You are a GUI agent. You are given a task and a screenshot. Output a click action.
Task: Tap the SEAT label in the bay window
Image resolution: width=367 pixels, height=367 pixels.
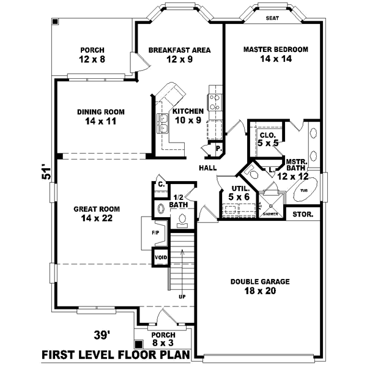(x=273, y=18)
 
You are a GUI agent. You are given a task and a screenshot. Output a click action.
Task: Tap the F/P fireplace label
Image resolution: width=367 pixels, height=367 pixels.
(x=155, y=233)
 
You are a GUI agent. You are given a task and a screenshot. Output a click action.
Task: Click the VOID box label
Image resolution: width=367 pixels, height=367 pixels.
(x=161, y=258)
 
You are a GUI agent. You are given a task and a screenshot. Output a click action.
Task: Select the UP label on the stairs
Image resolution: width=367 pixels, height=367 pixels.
(x=182, y=297)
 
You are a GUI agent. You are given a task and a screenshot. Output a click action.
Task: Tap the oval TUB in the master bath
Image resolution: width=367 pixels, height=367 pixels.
(x=304, y=190)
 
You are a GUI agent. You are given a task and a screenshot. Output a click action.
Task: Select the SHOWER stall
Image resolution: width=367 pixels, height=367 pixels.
(x=270, y=204)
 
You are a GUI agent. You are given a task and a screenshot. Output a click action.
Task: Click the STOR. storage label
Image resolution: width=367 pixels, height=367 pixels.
(x=303, y=215)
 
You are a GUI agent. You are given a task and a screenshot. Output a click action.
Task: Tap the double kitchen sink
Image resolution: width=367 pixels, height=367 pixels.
(x=164, y=123)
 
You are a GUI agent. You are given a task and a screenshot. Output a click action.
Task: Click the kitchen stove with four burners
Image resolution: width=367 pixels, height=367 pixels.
(x=215, y=101)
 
